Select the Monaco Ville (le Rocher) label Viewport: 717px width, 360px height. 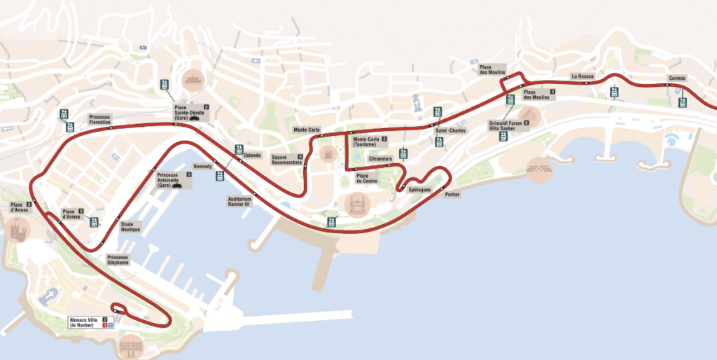83,322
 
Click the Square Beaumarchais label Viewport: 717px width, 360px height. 286,159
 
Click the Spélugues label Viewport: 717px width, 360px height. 419,190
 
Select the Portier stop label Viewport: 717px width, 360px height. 452,194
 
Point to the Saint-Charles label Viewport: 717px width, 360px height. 450,131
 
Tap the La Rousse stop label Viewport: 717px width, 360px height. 582,76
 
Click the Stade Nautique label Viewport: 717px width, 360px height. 132,227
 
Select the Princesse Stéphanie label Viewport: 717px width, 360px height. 118,260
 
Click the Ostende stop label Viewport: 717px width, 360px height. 252,155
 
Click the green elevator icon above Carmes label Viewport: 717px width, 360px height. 683,102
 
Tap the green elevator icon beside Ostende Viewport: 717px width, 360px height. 239,148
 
